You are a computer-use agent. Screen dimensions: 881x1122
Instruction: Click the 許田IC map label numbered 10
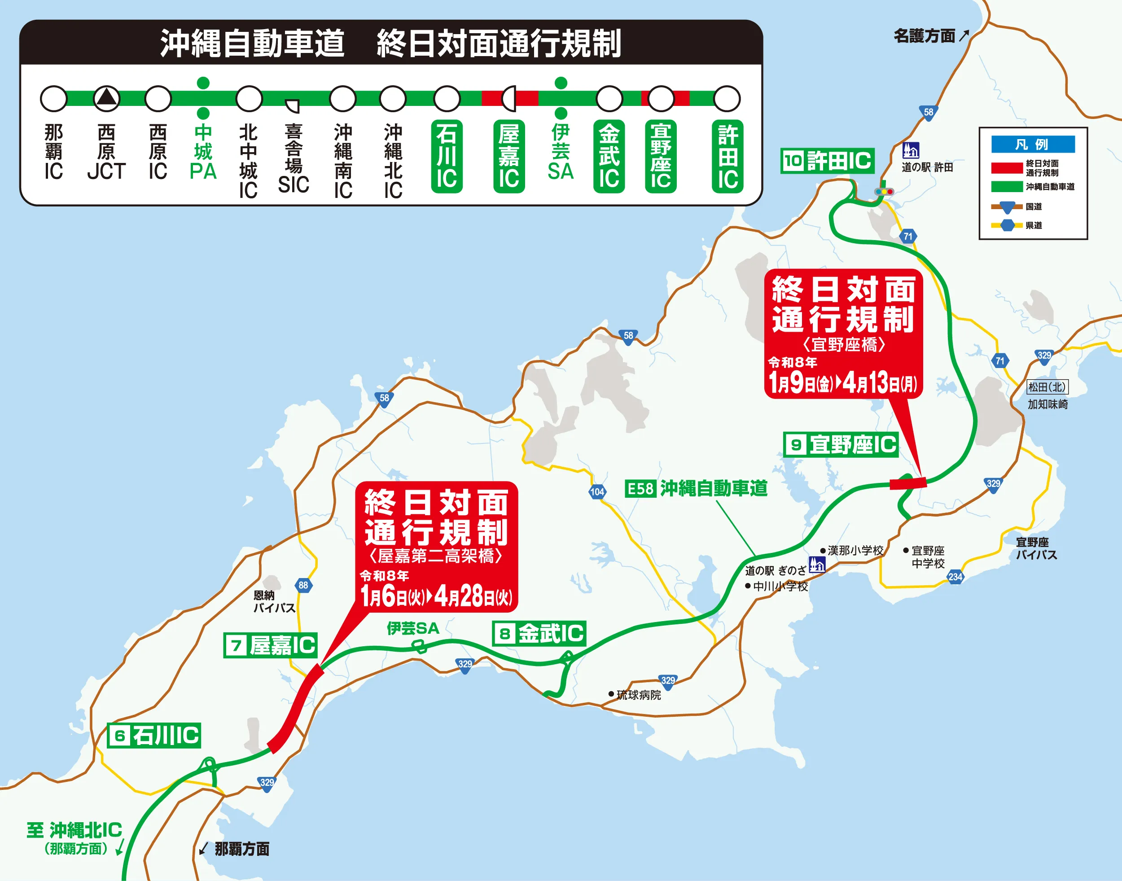pos(827,161)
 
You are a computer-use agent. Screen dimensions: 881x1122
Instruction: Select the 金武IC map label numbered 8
pos(539,633)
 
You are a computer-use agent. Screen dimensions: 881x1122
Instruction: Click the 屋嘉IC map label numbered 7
pos(271,645)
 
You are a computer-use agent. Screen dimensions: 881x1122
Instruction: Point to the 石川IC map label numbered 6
pos(154,735)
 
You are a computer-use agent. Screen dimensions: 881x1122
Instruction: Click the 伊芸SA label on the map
pos(413,628)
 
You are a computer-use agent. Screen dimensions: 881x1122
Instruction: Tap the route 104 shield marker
pos(597,491)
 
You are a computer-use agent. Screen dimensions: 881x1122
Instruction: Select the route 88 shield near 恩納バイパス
pos(303,585)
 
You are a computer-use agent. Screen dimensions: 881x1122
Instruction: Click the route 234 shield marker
pos(955,577)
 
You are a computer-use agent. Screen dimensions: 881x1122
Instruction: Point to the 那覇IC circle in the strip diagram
pos(54,99)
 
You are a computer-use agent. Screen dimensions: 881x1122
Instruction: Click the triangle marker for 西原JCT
pos(106,98)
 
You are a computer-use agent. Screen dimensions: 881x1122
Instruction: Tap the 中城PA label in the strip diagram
pos(203,152)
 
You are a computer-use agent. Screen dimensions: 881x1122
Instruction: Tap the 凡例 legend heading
pos(1033,145)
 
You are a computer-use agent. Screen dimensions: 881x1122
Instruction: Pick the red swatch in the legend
pos(1007,168)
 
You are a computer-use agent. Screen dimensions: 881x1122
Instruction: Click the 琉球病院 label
pos(638,695)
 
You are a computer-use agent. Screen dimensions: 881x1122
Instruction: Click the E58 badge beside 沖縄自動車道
pos(640,488)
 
